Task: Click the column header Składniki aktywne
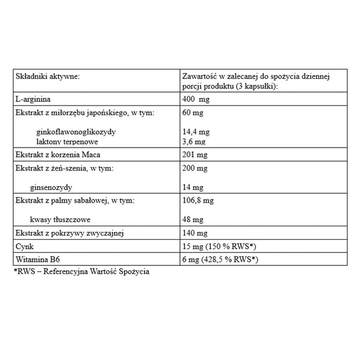coord(48,76)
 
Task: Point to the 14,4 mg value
coord(196,132)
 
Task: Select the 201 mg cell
coord(194,155)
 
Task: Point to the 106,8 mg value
coord(198,200)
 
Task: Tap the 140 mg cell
coord(194,233)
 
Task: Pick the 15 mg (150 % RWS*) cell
coord(219,246)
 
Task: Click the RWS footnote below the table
coord(81,272)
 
